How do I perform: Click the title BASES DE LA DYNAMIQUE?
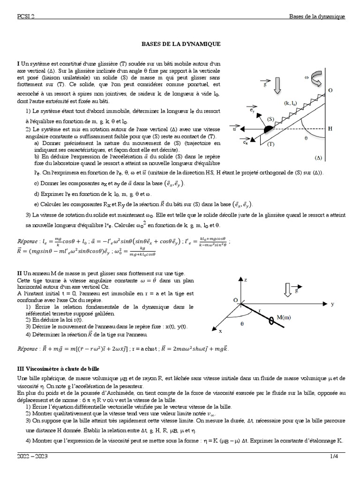180,44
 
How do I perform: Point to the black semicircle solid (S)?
268,129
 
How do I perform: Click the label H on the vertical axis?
330,128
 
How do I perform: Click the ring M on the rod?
271,321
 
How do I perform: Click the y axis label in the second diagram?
332,304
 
